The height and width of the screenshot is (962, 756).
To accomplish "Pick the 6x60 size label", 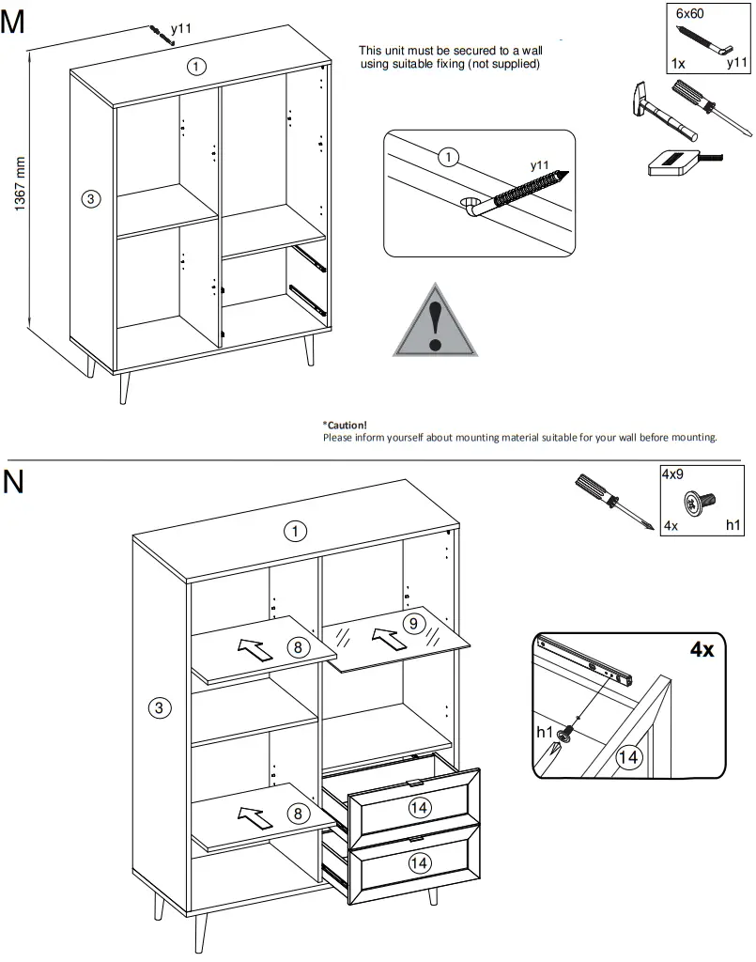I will [690, 14].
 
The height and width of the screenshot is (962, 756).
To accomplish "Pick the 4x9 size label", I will [672, 475].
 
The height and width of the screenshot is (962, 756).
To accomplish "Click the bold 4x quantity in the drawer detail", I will [702, 649].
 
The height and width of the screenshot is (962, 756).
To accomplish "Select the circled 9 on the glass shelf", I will [410, 622].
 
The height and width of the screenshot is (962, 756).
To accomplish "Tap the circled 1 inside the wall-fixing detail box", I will [449, 157].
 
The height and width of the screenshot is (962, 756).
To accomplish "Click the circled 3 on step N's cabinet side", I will [162, 707].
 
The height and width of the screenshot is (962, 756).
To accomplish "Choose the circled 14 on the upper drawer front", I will [419, 805].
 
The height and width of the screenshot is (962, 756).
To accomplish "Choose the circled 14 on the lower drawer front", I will [419, 861].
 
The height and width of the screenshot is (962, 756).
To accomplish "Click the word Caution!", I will [345, 425].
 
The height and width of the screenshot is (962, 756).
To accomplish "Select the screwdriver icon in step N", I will [611, 504].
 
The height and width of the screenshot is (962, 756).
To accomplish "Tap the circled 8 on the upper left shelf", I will [298, 646].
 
